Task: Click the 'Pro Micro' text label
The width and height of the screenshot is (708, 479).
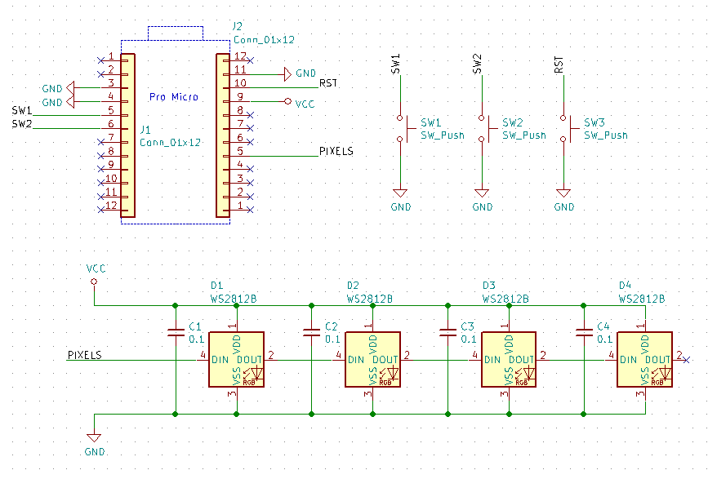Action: (173, 97)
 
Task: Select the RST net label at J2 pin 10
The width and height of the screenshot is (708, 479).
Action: (328, 83)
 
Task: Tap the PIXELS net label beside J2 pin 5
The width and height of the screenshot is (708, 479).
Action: (336, 151)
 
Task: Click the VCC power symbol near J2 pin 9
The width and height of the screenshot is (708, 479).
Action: (287, 101)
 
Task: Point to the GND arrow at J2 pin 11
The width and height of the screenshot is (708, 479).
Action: (287, 74)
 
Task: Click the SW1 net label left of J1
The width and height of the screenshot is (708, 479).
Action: (22, 110)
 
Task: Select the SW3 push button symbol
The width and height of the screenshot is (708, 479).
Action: (568, 129)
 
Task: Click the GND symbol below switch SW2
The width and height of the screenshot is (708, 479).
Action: (482, 193)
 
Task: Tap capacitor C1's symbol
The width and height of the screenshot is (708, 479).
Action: (176, 332)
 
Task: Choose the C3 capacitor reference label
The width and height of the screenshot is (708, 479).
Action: (467, 326)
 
